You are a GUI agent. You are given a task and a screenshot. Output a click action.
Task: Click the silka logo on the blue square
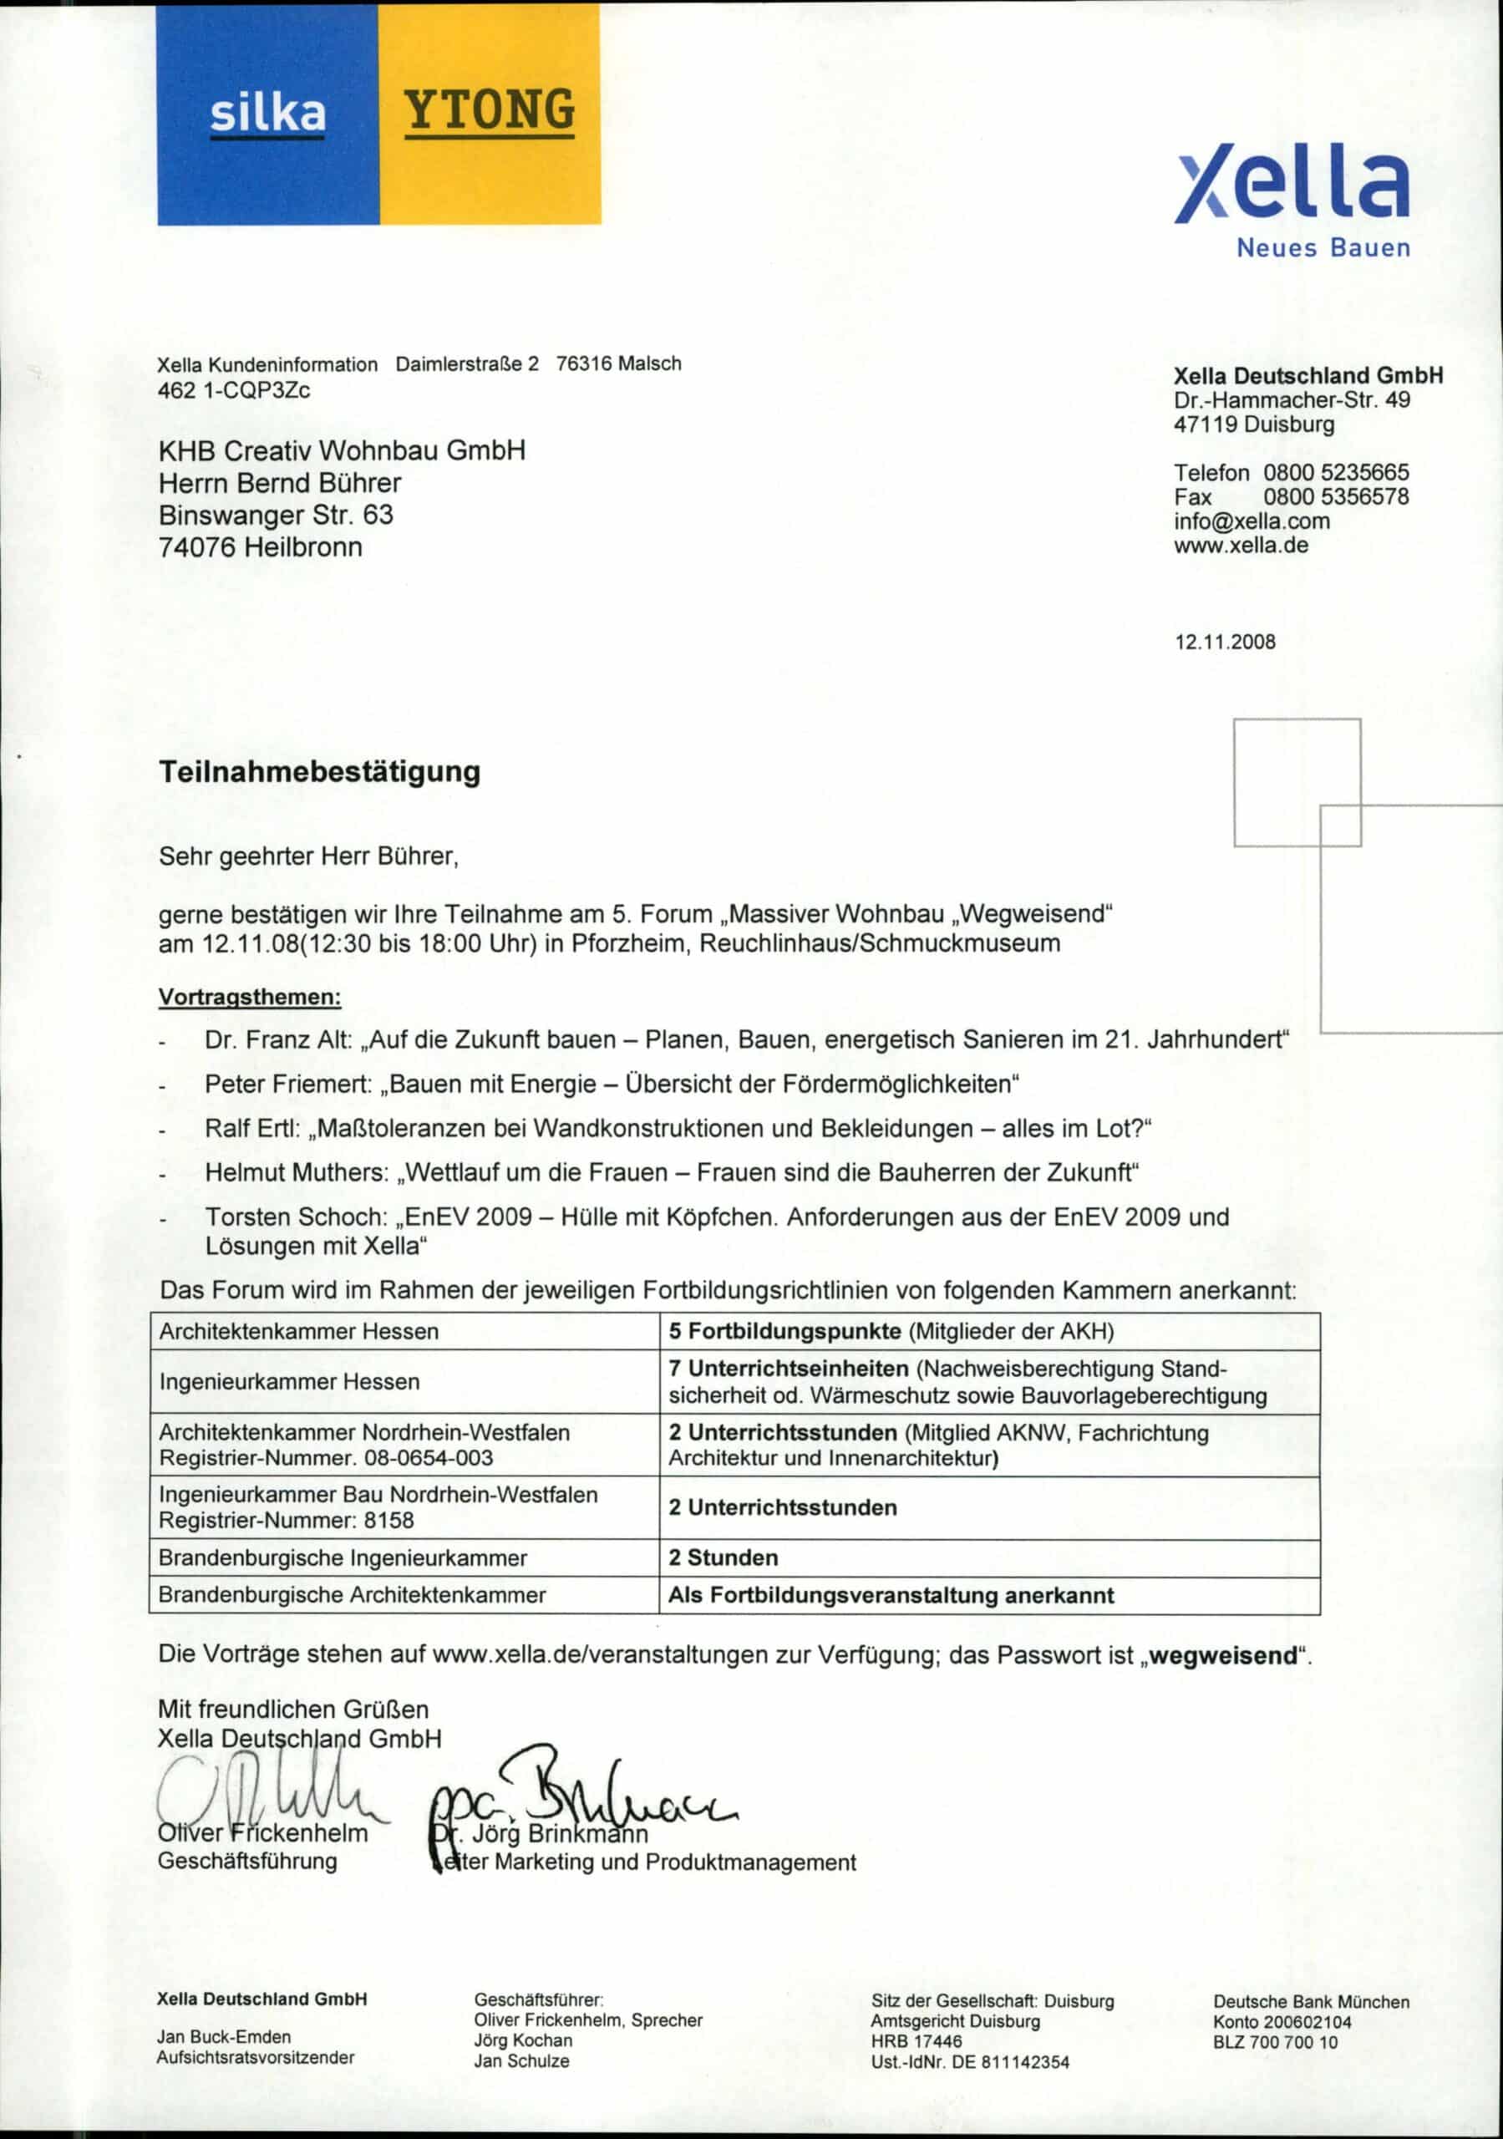tap(267, 114)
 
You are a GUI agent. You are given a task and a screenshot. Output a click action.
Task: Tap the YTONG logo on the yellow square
tap(490, 112)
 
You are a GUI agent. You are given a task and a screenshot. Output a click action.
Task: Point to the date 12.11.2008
tap(1225, 642)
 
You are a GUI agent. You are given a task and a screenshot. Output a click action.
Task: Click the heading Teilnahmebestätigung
tap(320, 772)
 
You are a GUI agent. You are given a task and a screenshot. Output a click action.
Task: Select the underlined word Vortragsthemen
tap(250, 997)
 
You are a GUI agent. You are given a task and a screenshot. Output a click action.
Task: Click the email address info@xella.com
tap(1252, 521)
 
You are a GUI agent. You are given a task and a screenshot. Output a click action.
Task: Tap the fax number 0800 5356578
tap(1335, 496)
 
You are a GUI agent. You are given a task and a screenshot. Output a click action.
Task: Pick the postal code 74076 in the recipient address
tap(197, 546)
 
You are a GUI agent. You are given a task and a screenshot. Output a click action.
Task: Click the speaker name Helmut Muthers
tap(296, 1172)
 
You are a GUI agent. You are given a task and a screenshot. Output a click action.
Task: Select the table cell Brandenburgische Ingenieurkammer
tap(342, 1557)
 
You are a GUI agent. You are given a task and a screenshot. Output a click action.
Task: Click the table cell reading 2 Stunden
tap(723, 1557)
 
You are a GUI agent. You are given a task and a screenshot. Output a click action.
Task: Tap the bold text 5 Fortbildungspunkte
tap(785, 1331)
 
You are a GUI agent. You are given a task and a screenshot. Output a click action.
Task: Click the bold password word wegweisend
tap(1223, 1655)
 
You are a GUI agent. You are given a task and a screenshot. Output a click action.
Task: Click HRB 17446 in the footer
tap(916, 2041)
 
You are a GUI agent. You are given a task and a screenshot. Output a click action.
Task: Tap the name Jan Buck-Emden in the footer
tap(224, 2037)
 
